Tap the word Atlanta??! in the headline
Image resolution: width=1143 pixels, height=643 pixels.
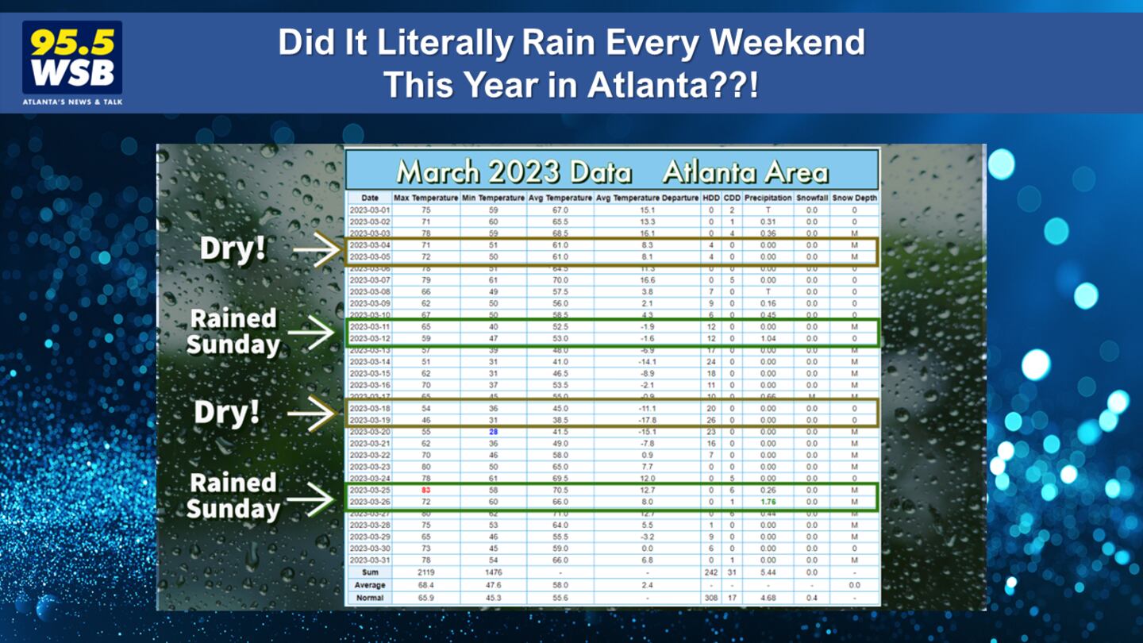click(x=673, y=84)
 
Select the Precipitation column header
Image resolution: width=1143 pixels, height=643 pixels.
click(x=768, y=198)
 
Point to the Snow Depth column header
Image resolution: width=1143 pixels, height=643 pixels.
click(x=854, y=198)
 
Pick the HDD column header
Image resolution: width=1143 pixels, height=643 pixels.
click(x=711, y=198)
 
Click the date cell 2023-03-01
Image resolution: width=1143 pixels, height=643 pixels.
click(x=370, y=210)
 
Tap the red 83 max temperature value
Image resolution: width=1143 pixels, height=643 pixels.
click(x=426, y=491)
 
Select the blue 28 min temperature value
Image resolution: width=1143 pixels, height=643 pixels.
click(x=493, y=432)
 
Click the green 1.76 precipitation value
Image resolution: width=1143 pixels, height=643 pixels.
click(x=768, y=502)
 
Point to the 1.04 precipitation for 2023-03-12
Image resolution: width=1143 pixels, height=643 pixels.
click(x=768, y=338)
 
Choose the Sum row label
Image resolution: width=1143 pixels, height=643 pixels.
click(x=370, y=572)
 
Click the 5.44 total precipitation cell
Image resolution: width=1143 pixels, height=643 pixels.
click(x=768, y=572)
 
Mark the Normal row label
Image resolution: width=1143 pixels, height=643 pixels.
click(x=370, y=597)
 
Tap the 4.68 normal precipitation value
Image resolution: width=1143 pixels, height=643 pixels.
click(x=768, y=597)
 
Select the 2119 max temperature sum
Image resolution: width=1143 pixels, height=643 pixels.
click(x=426, y=572)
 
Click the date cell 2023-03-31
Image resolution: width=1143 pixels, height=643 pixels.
click(x=370, y=560)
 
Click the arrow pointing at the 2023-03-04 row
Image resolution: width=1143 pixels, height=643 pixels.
click(x=316, y=251)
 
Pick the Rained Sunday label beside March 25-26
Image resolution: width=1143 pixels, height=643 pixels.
click(x=233, y=495)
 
